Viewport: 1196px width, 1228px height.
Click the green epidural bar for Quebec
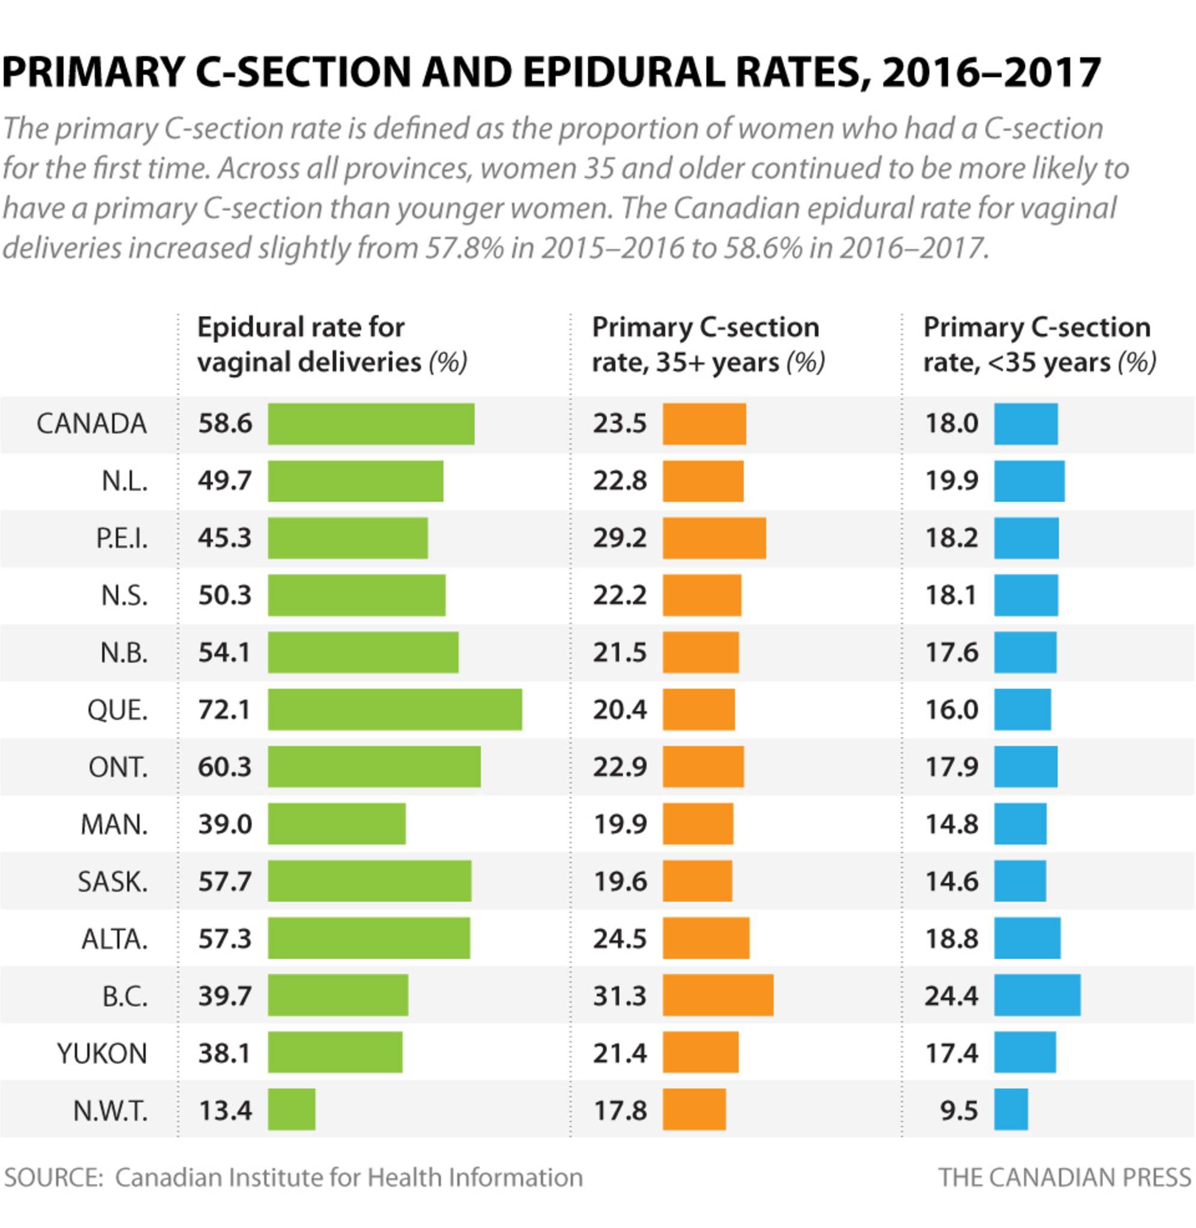coord(395,709)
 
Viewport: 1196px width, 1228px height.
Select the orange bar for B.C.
coord(717,995)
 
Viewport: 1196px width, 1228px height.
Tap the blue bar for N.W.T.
coord(1011,1109)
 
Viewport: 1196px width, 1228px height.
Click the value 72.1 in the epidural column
coord(224,710)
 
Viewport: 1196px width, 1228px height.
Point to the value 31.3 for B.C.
coord(620,996)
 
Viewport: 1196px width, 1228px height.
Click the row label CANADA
coord(92,424)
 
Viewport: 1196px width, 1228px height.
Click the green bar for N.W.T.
coord(292,1109)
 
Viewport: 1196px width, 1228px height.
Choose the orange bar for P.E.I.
coord(714,538)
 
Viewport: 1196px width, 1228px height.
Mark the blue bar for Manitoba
coord(1020,824)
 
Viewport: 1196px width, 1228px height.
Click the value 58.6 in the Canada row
coord(224,424)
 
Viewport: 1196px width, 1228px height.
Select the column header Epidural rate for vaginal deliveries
coord(332,345)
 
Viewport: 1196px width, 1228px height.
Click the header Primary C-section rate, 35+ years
coord(707,345)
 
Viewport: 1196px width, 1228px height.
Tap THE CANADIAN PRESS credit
coord(1064,1177)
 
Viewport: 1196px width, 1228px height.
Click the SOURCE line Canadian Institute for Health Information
coord(293,1177)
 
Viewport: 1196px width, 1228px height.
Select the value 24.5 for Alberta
coord(620,938)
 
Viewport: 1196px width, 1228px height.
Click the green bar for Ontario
coord(374,766)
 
